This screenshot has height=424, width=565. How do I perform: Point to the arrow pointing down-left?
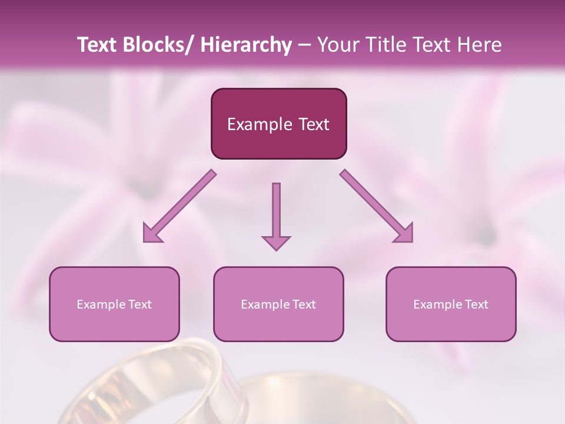[x=180, y=206]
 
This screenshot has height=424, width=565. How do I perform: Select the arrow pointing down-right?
[x=377, y=206]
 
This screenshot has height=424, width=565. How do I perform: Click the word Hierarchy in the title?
[x=245, y=45]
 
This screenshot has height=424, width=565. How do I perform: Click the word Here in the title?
[x=480, y=45]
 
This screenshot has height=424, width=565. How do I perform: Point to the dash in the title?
[x=304, y=45]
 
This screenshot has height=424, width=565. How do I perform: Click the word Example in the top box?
[x=259, y=124]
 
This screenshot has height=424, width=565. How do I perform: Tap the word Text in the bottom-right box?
[x=475, y=304]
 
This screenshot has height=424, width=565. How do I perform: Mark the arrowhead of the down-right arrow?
[x=404, y=233]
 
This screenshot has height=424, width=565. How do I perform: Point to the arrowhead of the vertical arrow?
[x=276, y=243]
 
